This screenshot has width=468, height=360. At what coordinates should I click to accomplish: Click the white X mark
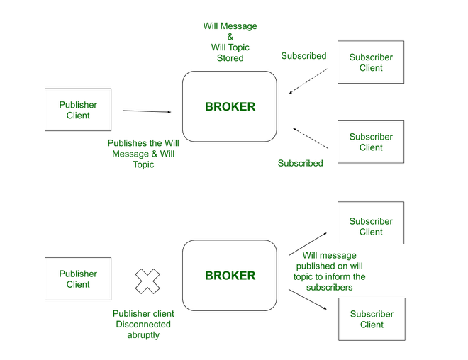147,280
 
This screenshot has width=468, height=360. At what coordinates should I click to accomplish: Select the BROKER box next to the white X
230,275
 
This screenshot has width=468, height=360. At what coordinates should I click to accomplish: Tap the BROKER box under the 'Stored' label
230,106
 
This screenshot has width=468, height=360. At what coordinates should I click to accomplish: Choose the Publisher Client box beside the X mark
78,279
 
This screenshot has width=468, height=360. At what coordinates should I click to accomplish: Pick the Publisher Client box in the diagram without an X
78,110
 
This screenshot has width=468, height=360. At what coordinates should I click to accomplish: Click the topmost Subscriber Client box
371,62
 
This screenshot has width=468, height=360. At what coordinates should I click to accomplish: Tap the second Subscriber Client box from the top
371,142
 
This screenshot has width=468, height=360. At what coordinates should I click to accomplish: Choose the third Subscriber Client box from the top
371,226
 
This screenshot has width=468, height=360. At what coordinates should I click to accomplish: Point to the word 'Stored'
230,59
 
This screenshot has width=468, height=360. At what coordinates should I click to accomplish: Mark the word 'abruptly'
142,335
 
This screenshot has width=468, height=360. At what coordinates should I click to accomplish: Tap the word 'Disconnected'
143,324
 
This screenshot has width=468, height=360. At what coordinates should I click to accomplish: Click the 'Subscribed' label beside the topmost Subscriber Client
303,55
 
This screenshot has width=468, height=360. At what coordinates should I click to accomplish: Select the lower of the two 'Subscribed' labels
300,163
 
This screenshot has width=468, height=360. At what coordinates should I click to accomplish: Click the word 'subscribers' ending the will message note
329,288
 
